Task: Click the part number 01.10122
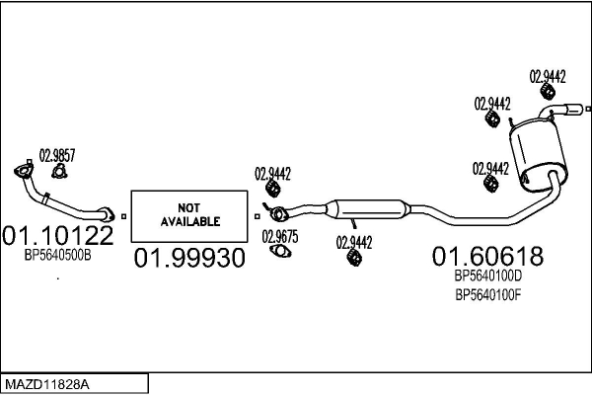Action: [x=58, y=235]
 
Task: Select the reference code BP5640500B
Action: [x=58, y=255]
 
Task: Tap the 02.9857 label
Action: [x=56, y=154]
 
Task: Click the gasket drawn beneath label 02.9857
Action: [x=58, y=172]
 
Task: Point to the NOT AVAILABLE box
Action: [x=188, y=214]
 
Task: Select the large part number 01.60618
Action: [x=487, y=257]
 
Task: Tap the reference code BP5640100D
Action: [x=487, y=276]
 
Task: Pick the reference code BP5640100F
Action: [x=487, y=293]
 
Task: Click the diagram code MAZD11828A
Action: [x=47, y=382]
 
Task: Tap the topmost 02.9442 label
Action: [x=548, y=75]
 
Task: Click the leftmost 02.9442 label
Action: [x=273, y=173]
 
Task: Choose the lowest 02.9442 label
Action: [x=354, y=240]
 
